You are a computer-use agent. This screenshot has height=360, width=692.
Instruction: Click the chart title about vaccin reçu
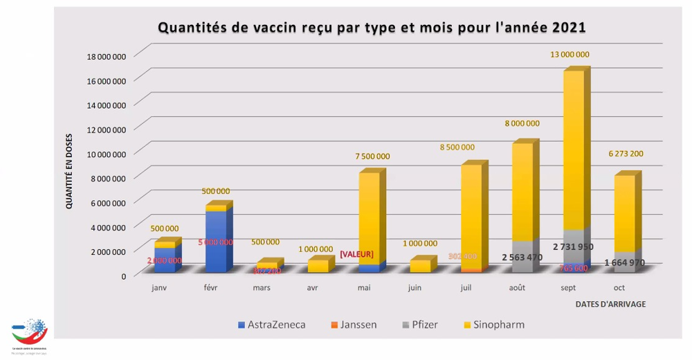pyautogui.click(x=372, y=28)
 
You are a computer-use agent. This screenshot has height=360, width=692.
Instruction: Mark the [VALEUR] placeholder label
pyautogui.click(x=356, y=255)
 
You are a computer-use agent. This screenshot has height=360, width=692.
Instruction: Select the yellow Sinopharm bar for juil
pyautogui.click(x=471, y=215)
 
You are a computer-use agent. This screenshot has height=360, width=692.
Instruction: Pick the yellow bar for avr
pyautogui.click(x=318, y=265)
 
